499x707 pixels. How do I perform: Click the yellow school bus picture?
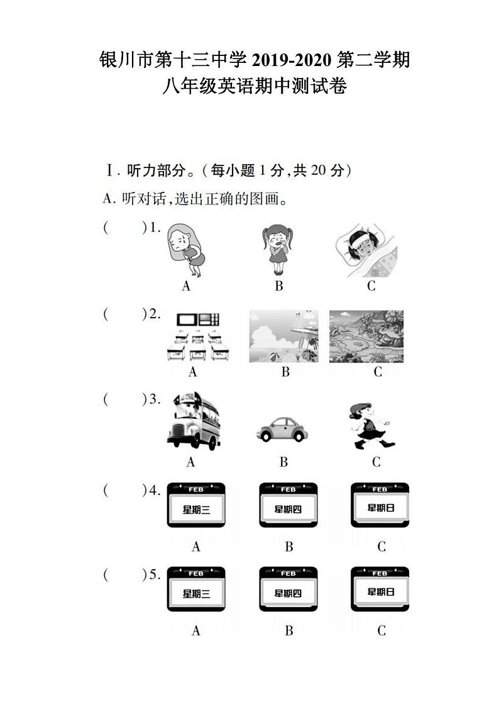[x=194, y=421]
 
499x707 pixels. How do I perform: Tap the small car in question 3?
[x=282, y=429]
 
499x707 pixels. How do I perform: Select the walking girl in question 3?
[x=371, y=426]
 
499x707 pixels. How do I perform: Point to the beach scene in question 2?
[x=283, y=336]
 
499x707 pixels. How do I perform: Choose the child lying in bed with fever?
[x=366, y=251]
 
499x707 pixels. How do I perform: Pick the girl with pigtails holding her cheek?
[x=278, y=250]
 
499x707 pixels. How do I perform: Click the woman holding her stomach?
[x=185, y=250]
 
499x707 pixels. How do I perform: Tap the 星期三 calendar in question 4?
[x=196, y=505]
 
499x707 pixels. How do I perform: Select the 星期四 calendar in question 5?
[x=288, y=589]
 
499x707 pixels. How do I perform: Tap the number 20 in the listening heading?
[x=318, y=170]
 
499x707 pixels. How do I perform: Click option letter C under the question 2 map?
[x=378, y=372]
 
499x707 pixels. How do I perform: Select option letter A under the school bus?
[x=190, y=462]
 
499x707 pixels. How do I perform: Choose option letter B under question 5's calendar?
[x=289, y=630]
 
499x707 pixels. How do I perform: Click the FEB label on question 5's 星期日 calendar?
[x=380, y=573]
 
